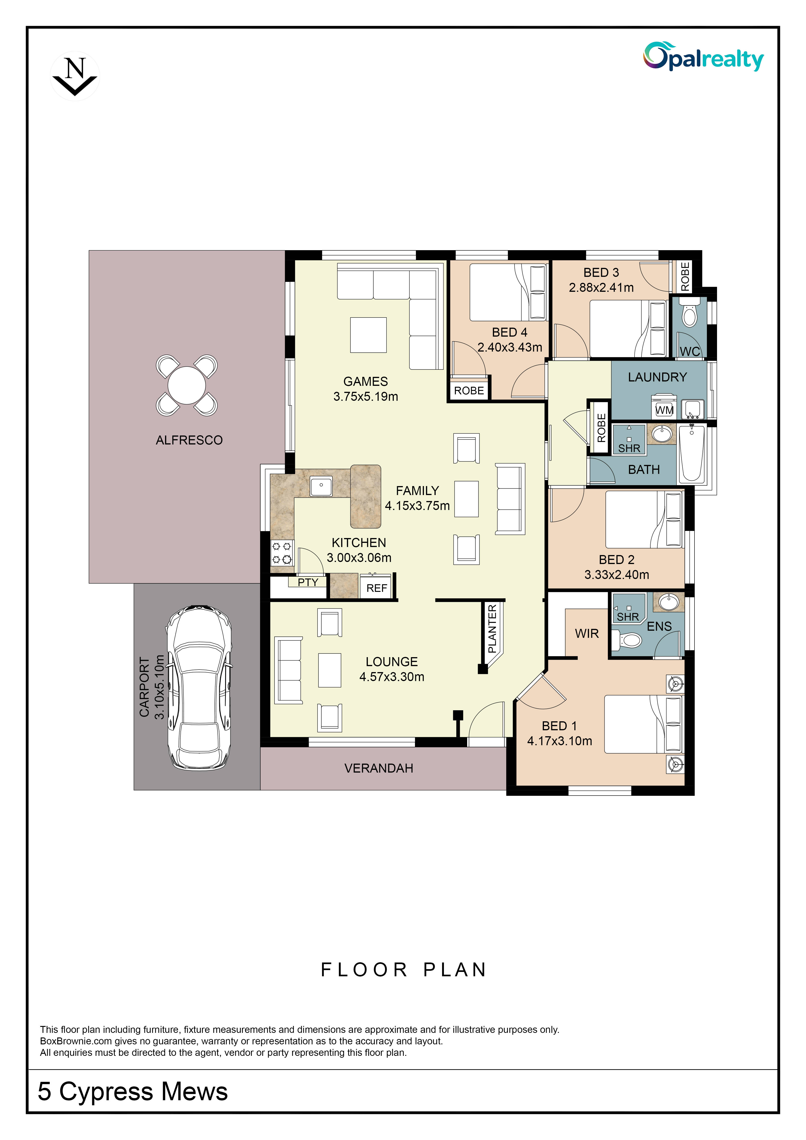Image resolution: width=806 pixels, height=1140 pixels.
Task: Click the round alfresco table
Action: click(x=187, y=385)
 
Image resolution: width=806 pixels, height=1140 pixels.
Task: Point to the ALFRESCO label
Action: click(x=189, y=440)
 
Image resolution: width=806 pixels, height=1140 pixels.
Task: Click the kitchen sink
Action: click(x=321, y=486)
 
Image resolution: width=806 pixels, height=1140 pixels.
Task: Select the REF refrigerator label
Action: click(x=377, y=588)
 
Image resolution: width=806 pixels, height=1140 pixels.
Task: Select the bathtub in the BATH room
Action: click(x=691, y=453)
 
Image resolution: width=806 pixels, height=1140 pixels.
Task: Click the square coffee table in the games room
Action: click(x=368, y=335)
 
